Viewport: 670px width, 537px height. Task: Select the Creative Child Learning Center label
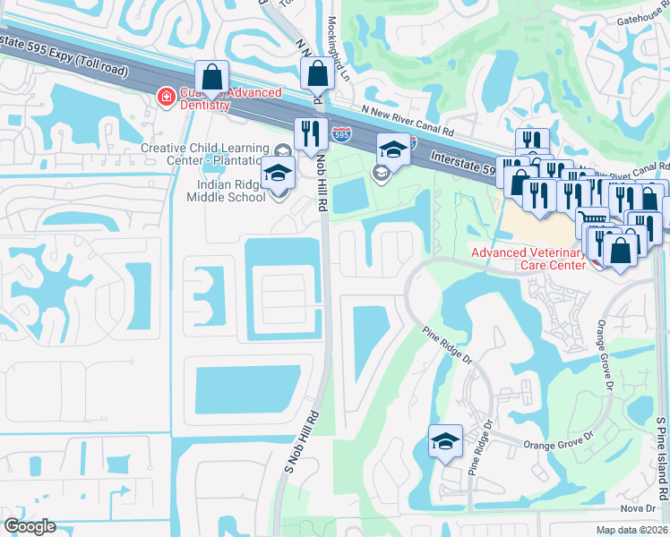(x=204, y=154)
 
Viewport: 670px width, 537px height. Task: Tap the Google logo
(x=29, y=526)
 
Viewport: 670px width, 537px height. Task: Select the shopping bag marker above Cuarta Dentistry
(x=212, y=77)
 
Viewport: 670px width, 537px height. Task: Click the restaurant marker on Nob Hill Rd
(x=310, y=134)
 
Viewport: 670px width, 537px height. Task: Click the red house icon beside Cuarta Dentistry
(x=166, y=97)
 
